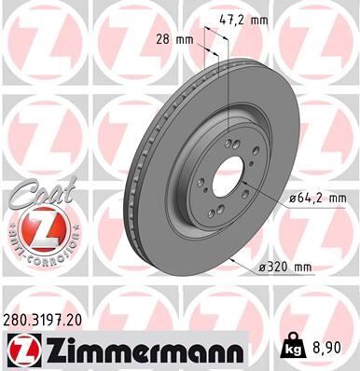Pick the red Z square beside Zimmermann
(x=22, y=350)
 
